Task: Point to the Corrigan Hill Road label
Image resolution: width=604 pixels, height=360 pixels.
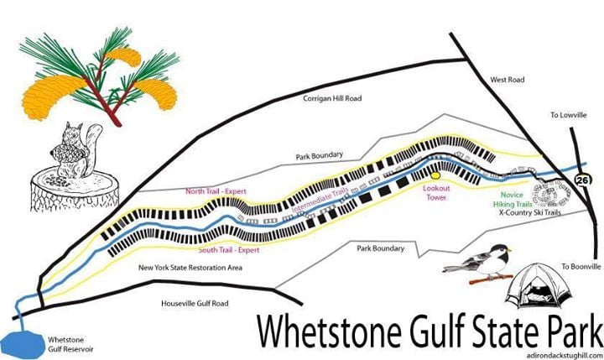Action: (x=332, y=98)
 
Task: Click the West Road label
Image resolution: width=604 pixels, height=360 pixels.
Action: (x=507, y=81)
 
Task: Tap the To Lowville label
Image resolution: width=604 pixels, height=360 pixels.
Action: (x=566, y=115)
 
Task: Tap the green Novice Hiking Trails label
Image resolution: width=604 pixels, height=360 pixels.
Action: (x=507, y=197)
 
